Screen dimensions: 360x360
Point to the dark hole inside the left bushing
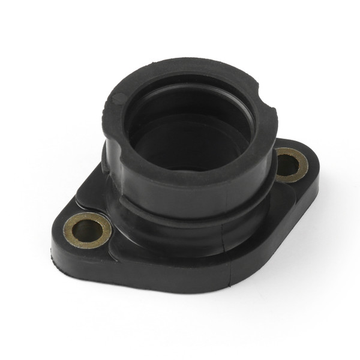tap(87, 229)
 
